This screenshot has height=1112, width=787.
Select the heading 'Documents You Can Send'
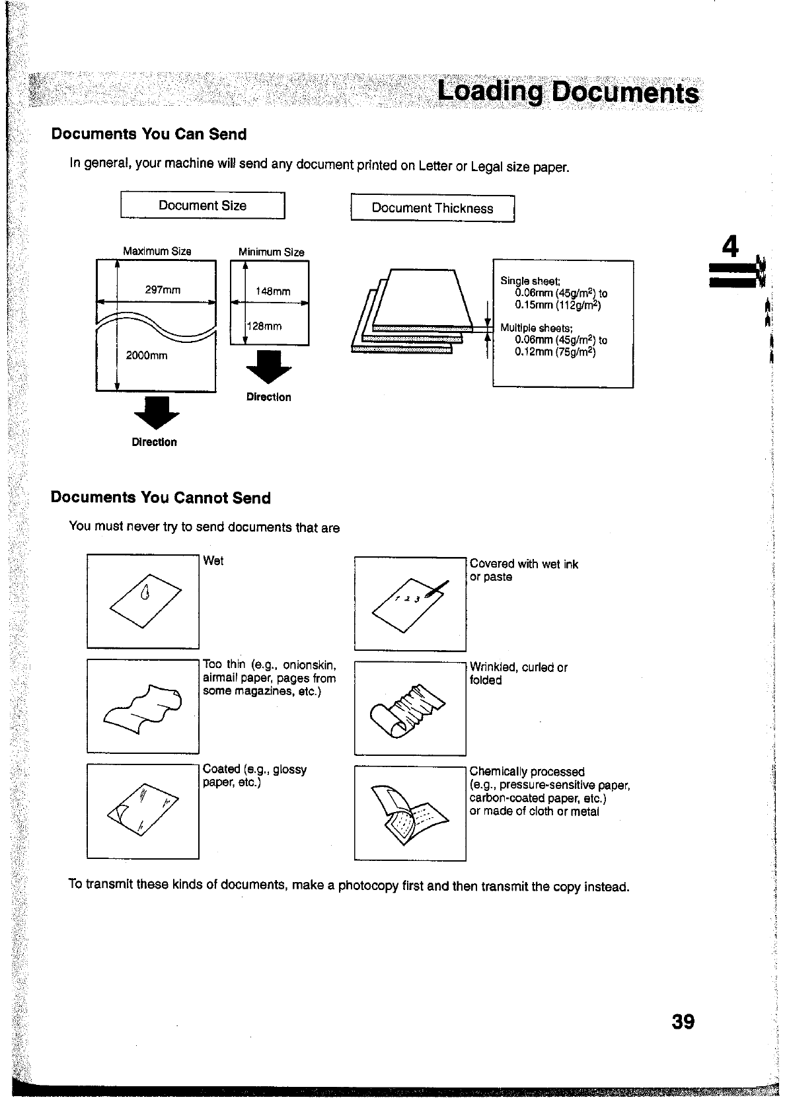pyautogui.click(x=149, y=134)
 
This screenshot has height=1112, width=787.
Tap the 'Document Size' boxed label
pyautogui.click(x=202, y=205)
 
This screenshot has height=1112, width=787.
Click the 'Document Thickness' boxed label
pyautogui.click(x=432, y=208)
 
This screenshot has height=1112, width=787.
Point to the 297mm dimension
pyautogui.click(x=163, y=290)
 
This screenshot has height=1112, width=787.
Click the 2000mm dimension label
pyautogui.click(x=147, y=355)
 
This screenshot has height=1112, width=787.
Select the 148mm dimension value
pyautogui.click(x=272, y=291)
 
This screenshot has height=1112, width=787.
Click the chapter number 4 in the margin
pyautogui.click(x=730, y=246)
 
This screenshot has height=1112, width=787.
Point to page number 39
pyautogui.click(x=683, y=1021)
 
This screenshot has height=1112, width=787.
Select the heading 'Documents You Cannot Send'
pyautogui.click(x=161, y=498)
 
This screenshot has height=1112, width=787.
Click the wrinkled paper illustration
pyautogui.click(x=410, y=708)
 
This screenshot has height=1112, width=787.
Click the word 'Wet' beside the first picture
pyautogui.click(x=213, y=561)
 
